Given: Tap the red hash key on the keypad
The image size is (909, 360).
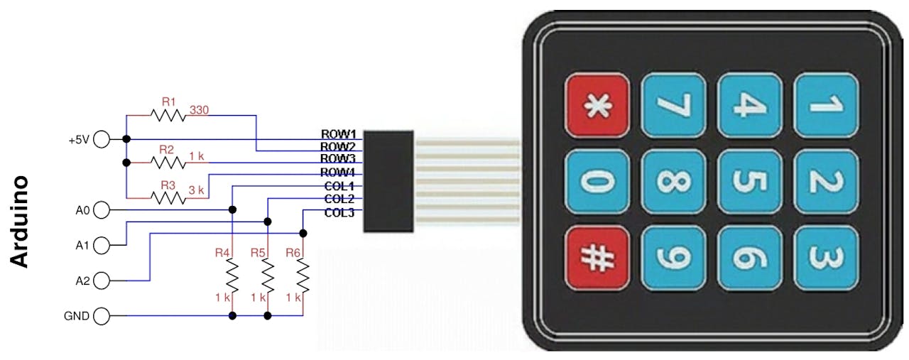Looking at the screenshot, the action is (597, 258).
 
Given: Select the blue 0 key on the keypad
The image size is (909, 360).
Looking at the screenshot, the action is (597, 182).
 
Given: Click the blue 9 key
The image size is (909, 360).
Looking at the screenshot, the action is (673, 258).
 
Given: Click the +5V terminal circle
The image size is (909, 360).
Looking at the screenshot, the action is (102, 139).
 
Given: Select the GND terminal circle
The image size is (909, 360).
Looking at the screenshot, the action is (102, 316).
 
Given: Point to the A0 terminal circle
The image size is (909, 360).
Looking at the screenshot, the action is (102, 210).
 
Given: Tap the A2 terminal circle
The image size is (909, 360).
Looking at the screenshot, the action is (102, 280).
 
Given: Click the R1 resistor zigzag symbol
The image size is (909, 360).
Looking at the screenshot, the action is (168, 116).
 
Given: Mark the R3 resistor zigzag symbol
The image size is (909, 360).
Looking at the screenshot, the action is (168, 198).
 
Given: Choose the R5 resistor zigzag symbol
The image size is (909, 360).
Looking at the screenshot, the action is (268, 276).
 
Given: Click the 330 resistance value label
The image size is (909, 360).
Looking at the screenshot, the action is (200, 110).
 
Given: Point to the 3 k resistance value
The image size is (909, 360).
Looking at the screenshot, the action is (197, 190).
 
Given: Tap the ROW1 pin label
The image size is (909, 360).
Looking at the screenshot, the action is (339, 134).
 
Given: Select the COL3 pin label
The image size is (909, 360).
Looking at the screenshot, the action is (339, 212).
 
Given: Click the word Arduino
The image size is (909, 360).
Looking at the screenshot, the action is (19, 222).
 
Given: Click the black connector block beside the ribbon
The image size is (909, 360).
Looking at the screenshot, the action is (388, 181).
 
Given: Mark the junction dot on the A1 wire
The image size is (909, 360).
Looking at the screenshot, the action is (268, 222).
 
